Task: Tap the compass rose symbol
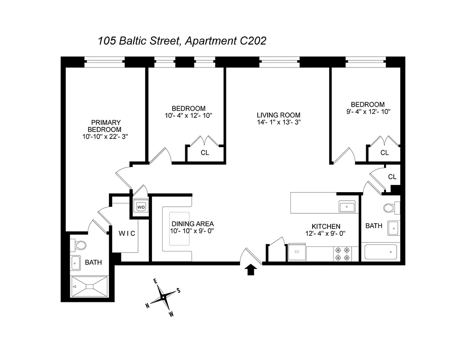(x=163, y=297)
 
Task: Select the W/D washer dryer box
(x=140, y=207)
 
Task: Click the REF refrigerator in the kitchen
(x=297, y=252)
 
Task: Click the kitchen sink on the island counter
(x=347, y=207)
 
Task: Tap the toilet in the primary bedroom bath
(x=80, y=246)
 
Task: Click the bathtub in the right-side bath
(x=381, y=252)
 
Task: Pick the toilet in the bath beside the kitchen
(x=389, y=208)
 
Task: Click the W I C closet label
(x=127, y=234)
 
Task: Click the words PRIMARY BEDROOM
(x=106, y=126)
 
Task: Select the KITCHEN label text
(x=326, y=226)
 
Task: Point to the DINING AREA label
(x=192, y=224)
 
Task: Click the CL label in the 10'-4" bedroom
(x=205, y=153)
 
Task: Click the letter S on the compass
(x=179, y=290)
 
